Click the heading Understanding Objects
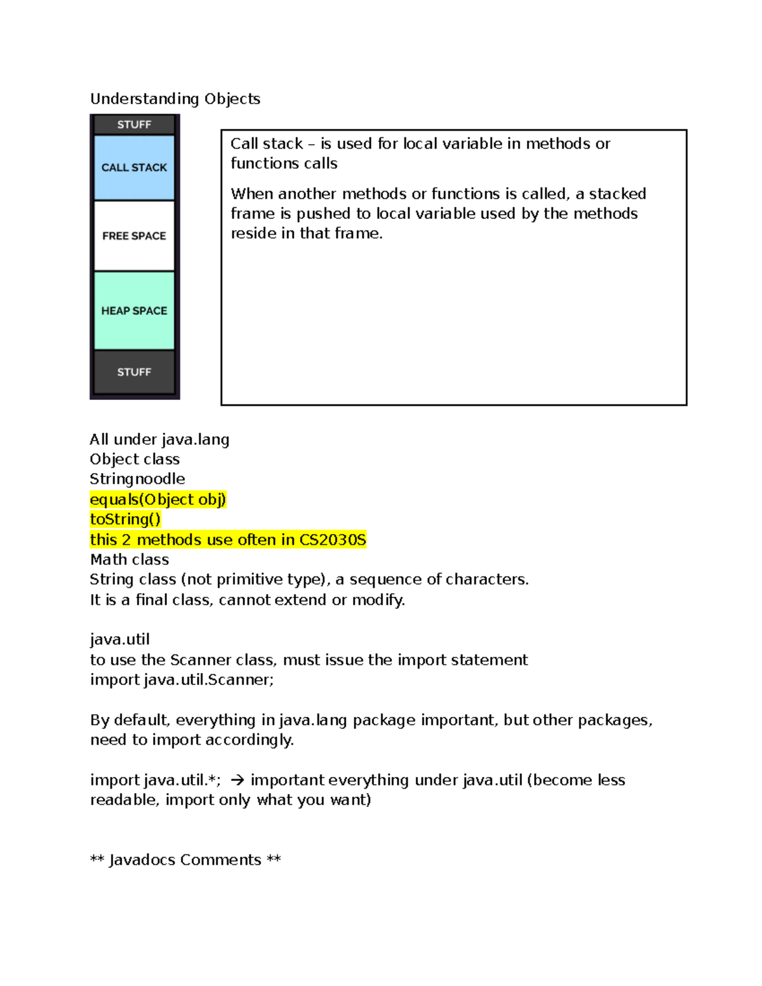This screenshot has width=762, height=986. (x=175, y=99)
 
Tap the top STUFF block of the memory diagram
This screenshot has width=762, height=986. (x=134, y=124)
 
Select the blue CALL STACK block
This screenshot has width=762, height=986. (x=134, y=168)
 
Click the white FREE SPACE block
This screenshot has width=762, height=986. (x=134, y=236)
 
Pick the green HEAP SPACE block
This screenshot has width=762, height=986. (x=134, y=310)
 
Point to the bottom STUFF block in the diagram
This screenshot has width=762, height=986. (x=134, y=372)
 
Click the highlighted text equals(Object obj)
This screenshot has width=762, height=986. (x=158, y=500)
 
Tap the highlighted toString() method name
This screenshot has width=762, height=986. (x=125, y=519)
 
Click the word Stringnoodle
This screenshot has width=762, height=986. (x=137, y=479)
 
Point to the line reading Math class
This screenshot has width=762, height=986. (x=130, y=559)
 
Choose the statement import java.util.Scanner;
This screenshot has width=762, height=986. (x=182, y=680)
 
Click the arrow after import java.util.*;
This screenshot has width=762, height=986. (x=237, y=780)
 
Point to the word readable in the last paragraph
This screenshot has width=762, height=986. (x=124, y=800)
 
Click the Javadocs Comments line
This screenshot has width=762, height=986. (x=185, y=860)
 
